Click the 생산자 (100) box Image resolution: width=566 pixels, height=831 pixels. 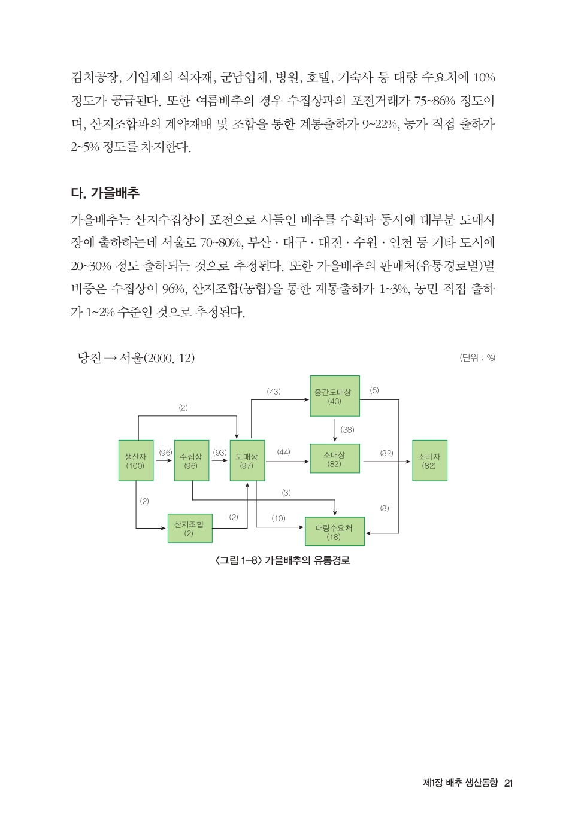tap(135, 460)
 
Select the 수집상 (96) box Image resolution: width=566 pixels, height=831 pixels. tap(191, 460)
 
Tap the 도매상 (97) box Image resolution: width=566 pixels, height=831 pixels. tap(247, 460)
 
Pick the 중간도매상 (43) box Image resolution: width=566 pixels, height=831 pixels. tap(334, 396)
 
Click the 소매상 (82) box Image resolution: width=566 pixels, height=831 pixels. tap(334, 459)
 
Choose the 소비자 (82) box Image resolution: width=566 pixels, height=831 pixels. tap(429, 460)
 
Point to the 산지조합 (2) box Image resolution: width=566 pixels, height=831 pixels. tap(189, 528)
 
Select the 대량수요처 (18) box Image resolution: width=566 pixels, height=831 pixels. tap(334, 532)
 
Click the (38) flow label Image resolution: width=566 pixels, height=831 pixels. tap(347, 430)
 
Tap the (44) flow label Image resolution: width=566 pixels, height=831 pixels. tap(283, 452)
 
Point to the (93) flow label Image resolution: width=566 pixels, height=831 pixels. tap(220, 453)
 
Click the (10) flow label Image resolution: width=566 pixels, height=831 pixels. tap(279, 518)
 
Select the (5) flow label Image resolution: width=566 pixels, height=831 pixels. tap(374, 390)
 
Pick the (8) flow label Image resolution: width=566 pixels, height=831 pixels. tap(385, 508)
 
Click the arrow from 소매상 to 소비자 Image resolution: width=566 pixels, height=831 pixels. tap(386, 462)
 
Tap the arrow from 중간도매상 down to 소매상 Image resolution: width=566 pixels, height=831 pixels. tap(335, 430)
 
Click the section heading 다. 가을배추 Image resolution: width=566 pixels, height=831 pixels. tap(105, 193)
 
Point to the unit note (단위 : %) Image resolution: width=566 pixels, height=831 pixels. tap(477, 357)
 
